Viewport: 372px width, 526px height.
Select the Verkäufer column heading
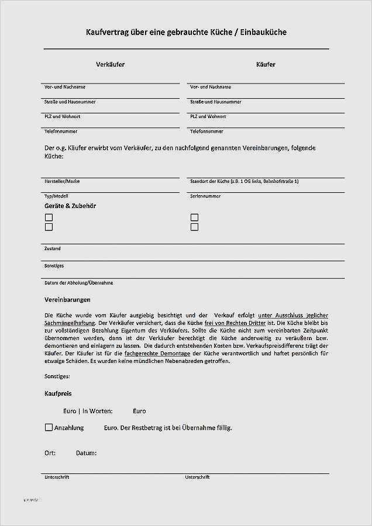point(110,64)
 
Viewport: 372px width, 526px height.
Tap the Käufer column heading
point(266,64)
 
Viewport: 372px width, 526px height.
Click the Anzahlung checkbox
point(49,427)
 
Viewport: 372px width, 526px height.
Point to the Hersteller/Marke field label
point(62,181)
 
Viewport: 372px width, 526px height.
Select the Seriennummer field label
point(205,196)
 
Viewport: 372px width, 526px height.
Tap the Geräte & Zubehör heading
point(70,206)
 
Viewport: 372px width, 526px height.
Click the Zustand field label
point(52,248)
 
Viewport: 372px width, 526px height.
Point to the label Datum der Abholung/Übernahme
point(78,283)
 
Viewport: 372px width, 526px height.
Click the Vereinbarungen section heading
point(67,300)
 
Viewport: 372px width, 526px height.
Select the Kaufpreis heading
point(58,394)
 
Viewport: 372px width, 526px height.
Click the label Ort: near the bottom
point(50,453)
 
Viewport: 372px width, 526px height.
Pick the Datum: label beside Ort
point(86,453)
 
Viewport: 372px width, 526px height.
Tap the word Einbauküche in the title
point(261,32)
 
